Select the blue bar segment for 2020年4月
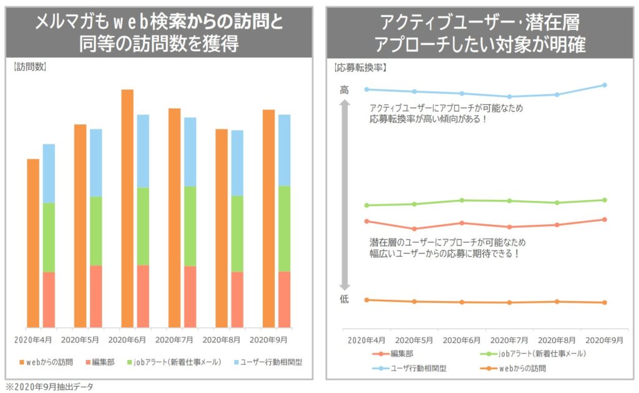[x=49, y=173]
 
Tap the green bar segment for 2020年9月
[x=284, y=228]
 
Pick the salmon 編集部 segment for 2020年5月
[x=96, y=296]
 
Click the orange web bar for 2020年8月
[x=222, y=228]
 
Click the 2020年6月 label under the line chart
[x=462, y=341]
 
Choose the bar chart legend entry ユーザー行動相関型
[x=267, y=362]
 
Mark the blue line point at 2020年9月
[x=605, y=85]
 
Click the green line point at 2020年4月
[x=367, y=205]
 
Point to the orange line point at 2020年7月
[x=510, y=302]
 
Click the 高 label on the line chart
[x=344, y=90]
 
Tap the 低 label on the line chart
[x=344, y=299]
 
